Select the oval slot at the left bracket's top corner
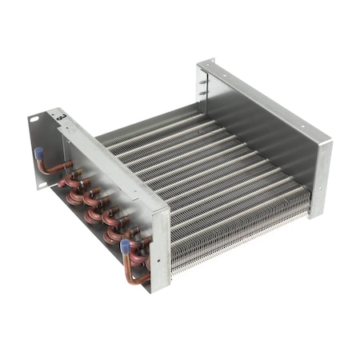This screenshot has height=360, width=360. coord(34,118)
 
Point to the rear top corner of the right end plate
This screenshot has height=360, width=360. coord(210,59)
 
